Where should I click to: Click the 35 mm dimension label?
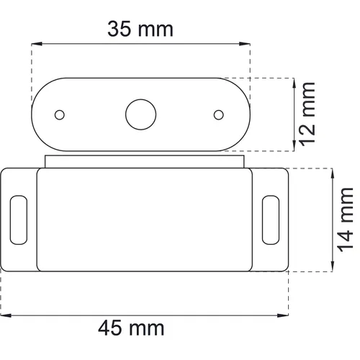coord(140,29)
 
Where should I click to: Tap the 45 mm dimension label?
coord(131,328)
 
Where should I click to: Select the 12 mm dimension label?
coord(307,114)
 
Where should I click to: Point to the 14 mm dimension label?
coord(345,220)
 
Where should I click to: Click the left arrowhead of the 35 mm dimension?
coord(37,44)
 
